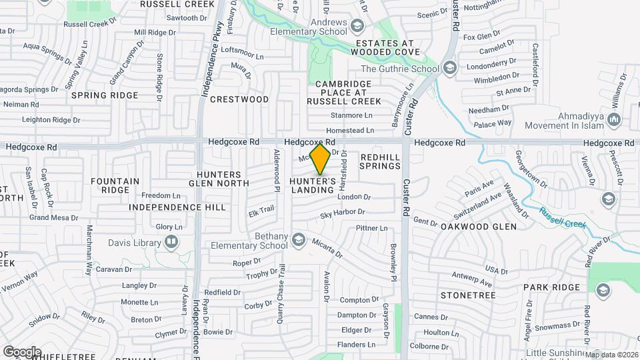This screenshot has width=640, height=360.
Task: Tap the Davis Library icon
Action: tap(172, 241)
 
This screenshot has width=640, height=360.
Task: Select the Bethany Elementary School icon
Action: tap(299, 239)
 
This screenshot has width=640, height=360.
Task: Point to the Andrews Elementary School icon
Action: tap(357, 26)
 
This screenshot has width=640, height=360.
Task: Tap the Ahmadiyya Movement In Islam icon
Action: tap(614, 120)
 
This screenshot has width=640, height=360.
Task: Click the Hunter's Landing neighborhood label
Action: tap(313, 185)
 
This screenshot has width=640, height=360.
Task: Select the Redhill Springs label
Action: tap(380, 161)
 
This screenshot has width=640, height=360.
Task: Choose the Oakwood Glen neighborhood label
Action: tap(479, 227)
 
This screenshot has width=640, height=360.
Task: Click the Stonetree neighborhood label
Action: tap(468, 295)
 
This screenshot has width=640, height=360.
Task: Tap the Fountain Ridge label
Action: tap(115, 185)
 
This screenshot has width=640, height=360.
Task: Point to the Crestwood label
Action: tap(239, 99)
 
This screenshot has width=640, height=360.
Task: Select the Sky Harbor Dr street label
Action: tap(342, 213)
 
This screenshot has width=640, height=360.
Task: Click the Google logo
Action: tap(22, 351)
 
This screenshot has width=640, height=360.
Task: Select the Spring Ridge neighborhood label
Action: tap(105, 95)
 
